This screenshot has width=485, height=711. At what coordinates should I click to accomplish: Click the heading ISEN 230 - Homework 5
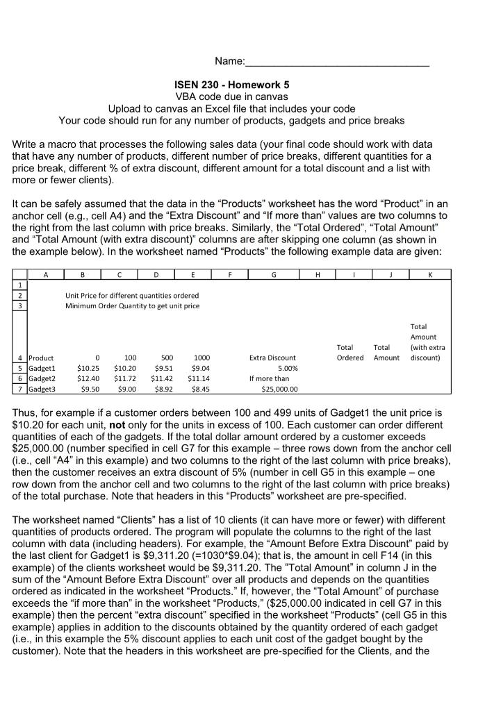[x=242, y=85]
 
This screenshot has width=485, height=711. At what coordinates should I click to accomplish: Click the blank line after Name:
[x=338, y=63]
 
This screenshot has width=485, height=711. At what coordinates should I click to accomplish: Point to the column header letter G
[x=272, y=274]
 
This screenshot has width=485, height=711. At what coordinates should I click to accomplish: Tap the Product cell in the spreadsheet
[x=42, y=358]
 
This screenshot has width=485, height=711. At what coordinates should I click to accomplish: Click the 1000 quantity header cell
[x=202, y=358]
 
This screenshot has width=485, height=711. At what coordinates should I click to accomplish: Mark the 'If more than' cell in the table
[x=270, y=378]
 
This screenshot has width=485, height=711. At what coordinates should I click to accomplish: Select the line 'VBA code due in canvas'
[x=242, y=97]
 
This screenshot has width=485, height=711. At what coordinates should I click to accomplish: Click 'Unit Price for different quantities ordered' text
[x=132, y=295]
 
